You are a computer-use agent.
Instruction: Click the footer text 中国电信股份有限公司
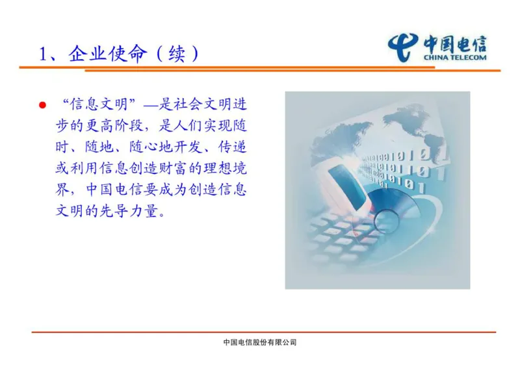pyautogui.click(x=259, y=342)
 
